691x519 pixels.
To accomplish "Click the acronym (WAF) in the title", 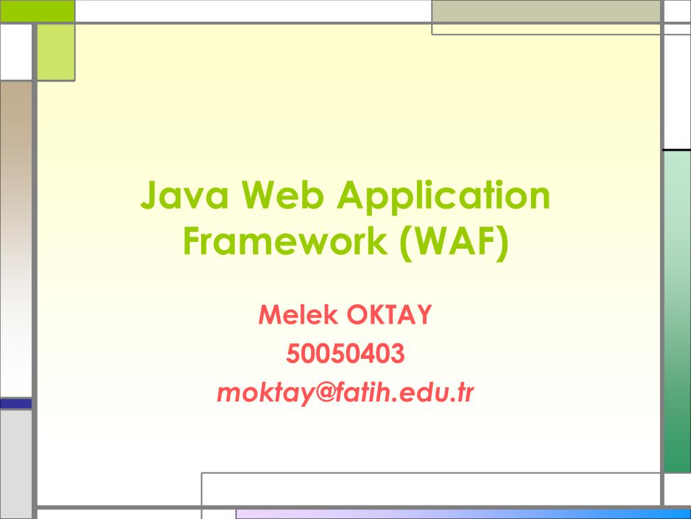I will tap(452, 242).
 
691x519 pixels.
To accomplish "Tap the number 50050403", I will tap(345, 353).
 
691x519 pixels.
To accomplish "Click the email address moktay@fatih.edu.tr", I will tap(345, 393).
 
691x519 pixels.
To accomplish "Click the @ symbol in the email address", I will tap(327, 393).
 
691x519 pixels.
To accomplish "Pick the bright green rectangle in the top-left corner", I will tap(36, 11).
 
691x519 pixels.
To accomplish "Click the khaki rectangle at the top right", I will tap(546, 11).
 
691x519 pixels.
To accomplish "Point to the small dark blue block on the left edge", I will tap(16, 403).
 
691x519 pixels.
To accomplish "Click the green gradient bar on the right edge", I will tap(677, 311).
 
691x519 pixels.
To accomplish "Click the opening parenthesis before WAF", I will tap(404, 242).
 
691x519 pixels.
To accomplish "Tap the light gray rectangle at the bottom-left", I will tap(16, 463).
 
